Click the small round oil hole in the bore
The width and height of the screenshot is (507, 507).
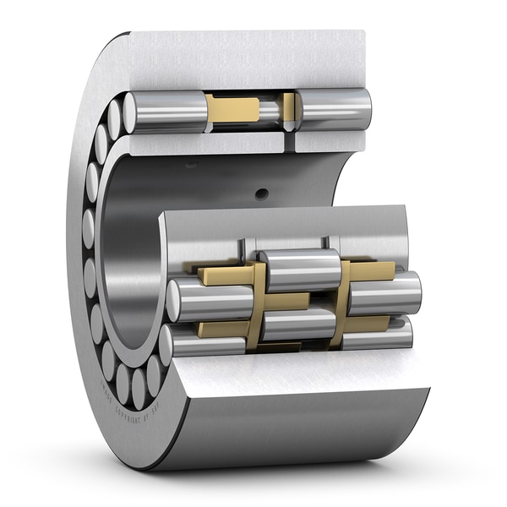point(262,194)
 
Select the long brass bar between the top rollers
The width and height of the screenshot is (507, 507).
point(233,108)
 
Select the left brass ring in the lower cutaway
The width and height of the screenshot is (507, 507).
point(256,304)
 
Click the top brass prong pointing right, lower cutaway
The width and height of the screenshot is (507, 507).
point(372,270)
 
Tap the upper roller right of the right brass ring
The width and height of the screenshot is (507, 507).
point(384,294)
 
